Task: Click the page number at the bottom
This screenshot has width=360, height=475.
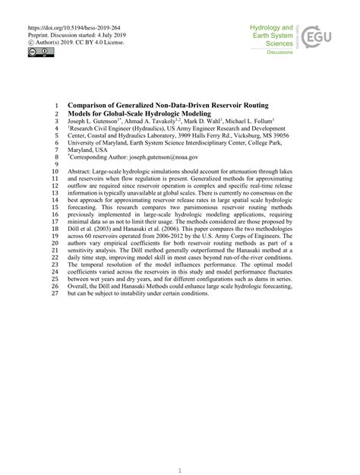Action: (179, 451)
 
